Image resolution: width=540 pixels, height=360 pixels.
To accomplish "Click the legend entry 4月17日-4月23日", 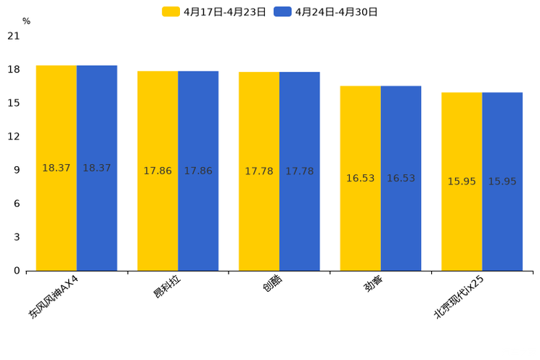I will [x=215, y=12].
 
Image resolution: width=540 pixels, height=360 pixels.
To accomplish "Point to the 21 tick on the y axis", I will [x=13, y=36].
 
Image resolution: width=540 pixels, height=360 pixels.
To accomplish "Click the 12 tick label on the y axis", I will [x=13, y=136].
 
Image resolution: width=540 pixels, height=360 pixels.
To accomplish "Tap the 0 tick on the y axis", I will [x=17, y=271].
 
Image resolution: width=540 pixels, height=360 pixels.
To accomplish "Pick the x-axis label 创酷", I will [x=273, y=283].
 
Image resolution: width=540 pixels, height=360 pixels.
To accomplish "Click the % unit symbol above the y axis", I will [x=26, y=21].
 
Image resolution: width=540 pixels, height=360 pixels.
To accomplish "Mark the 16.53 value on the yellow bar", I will [x=360, y=179].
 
